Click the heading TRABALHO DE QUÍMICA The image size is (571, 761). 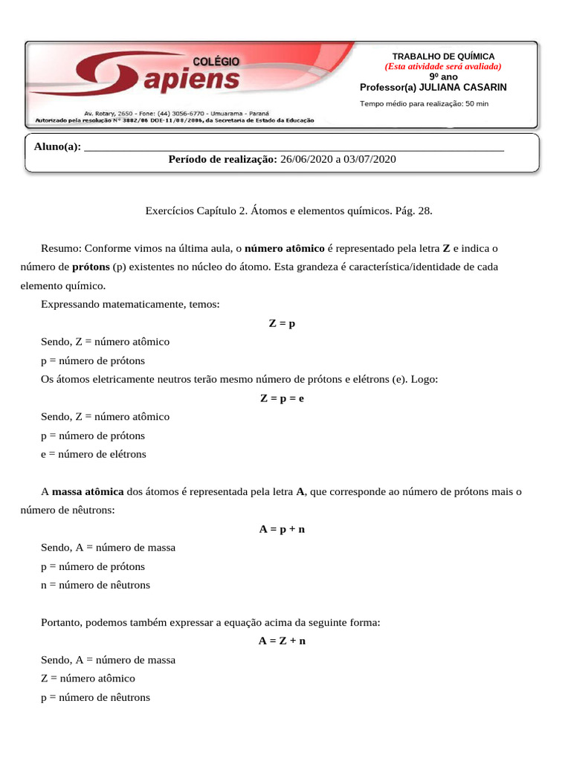[x=443, y=56]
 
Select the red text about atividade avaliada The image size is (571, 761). [x=443, y=66]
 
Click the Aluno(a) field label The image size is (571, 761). [x=57, y=146]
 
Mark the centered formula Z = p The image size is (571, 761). [x=282, y=323]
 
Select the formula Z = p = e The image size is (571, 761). [x=282, y=398]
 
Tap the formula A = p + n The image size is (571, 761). [x=282, y=529]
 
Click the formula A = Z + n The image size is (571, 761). [x=282, y=641]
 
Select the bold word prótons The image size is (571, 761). [x=91, y=267]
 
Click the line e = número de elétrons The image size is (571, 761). [x=94, y=454]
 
